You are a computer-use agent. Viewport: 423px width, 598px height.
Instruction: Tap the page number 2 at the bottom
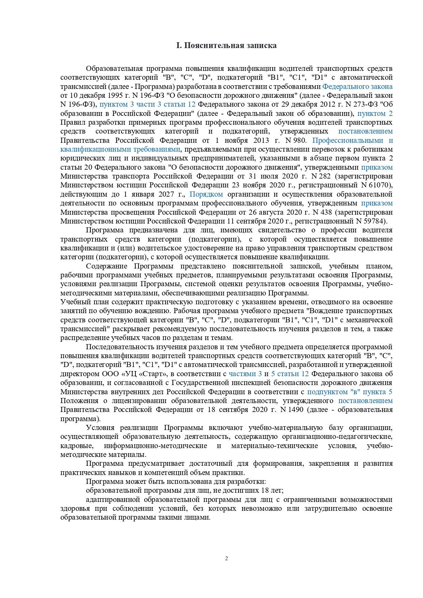click(x=227, y=558)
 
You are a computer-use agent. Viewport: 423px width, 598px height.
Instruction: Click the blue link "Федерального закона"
click(x=357, y=87)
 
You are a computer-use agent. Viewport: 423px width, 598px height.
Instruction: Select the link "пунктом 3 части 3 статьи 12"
click(x=147, y=104)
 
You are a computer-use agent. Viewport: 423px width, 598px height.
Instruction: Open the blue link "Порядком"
click(x=206, y=194)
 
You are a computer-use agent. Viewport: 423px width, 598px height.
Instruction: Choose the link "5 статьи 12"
click(x=290, y=374)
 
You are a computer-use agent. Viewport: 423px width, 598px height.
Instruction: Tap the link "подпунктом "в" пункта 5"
click(x=350, y=392)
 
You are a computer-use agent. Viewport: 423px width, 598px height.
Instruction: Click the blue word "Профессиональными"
click(x=348, y=140)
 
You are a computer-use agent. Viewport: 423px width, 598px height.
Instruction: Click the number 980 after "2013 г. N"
click(x=301, y=140)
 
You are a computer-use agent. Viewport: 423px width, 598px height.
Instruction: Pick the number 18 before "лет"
click(x=265, y=490)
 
